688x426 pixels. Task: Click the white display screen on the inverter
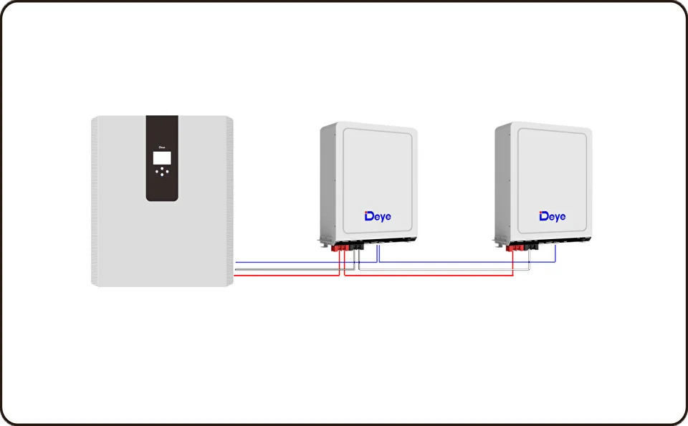(x=162, y=158)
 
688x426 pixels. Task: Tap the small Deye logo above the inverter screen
(x=162, y=147)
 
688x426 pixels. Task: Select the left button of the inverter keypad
(x=157, y=171)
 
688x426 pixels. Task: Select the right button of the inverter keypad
(x=167, y=171)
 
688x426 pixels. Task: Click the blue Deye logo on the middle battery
(x=378, y=216)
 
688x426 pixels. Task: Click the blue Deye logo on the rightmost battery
(x=553, y=216)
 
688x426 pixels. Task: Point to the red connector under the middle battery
(x=340, y=248)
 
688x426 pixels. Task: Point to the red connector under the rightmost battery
(x=515, y=248)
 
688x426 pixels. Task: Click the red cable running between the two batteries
(x=429, y=275)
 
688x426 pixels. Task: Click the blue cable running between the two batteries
(x=467, y=262)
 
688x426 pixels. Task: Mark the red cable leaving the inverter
(x=287, y=276)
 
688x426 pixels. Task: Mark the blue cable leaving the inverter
(x=306, y=262)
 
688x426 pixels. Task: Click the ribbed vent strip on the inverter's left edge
(x=95, y=201)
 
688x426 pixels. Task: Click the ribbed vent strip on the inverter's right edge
(x=229, y=201)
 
